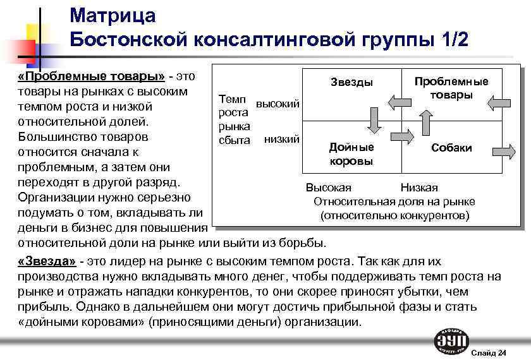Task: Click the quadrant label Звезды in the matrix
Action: point(351,82)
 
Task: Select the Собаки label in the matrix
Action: point(451,148)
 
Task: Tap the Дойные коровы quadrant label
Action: point(351,154)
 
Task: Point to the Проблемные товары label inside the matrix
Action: point(451,88)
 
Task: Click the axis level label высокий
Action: point(277,103)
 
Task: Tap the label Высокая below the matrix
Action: point(329,188)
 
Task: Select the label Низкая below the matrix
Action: point(419,188)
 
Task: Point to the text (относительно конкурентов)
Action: point(395,215)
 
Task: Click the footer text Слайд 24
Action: point(489,352)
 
